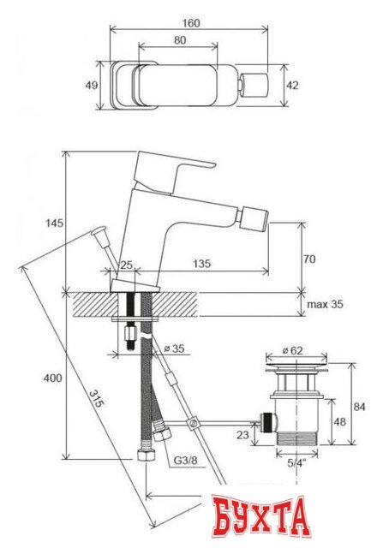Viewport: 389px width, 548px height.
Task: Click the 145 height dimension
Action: (x=53, y=223)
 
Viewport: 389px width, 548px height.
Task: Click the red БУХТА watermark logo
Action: (x=260, y=519)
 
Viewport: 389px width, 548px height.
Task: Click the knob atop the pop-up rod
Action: (x=99, y=231)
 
